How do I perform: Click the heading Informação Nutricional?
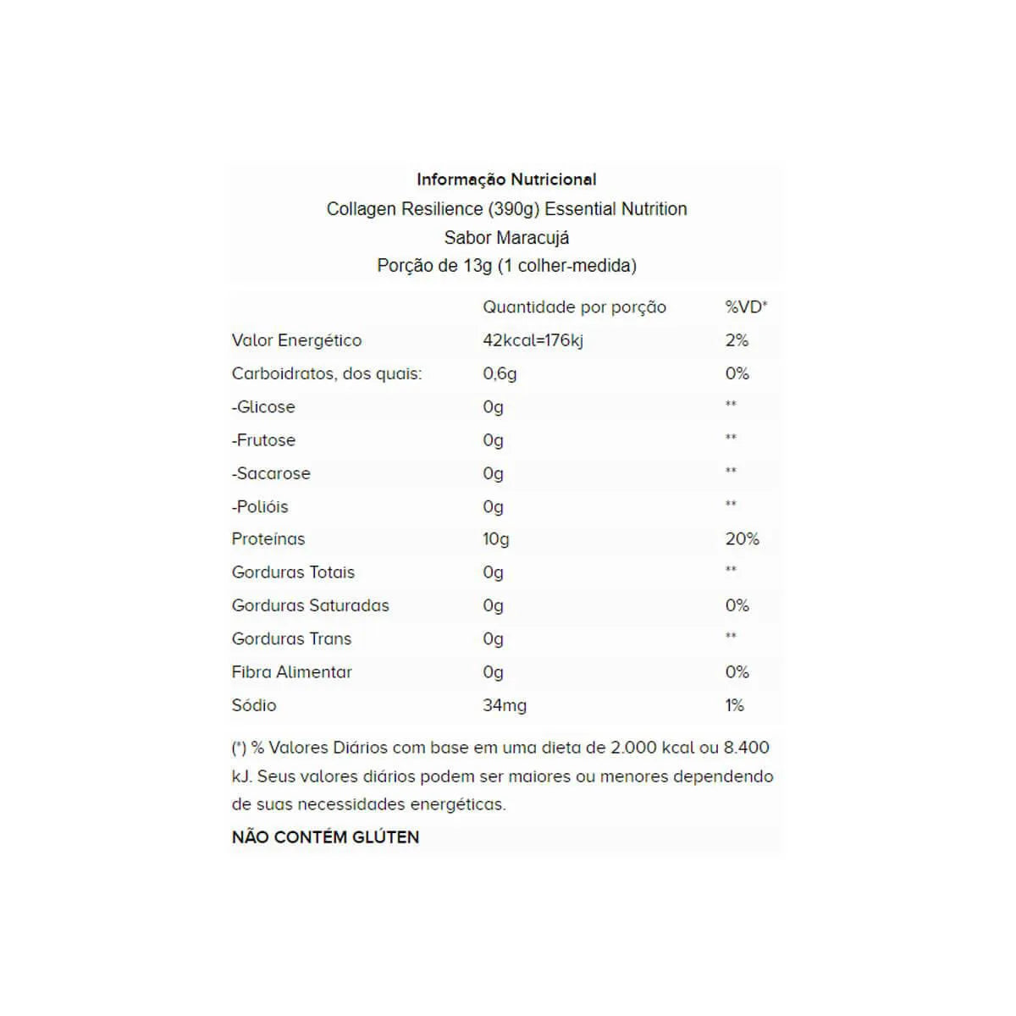click(506, 179)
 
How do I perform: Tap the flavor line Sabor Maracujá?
click(506, 237)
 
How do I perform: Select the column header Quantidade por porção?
click(574, 307)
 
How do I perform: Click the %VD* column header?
click(745, 307)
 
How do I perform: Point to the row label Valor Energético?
click(296, 340)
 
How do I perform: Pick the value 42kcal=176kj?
click(533, 340)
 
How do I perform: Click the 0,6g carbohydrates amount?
click(500, 373)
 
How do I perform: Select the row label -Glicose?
click(263, 406)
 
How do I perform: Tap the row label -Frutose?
click(263, 440)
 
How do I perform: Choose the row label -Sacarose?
click(271, 473)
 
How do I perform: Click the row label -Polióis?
click(260, 506)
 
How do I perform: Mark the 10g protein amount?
click(496, 539)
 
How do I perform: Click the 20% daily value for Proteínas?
click(742, 539)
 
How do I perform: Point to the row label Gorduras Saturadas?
click(310, 605)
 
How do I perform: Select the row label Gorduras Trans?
click(291, 638)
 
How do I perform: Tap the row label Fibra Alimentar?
click(291, 672)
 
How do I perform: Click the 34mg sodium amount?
click(504, 705)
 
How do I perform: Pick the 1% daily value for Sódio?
click(734, 705)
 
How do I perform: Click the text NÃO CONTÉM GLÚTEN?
click(325, 837)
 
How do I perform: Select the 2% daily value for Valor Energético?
click(737, 340)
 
